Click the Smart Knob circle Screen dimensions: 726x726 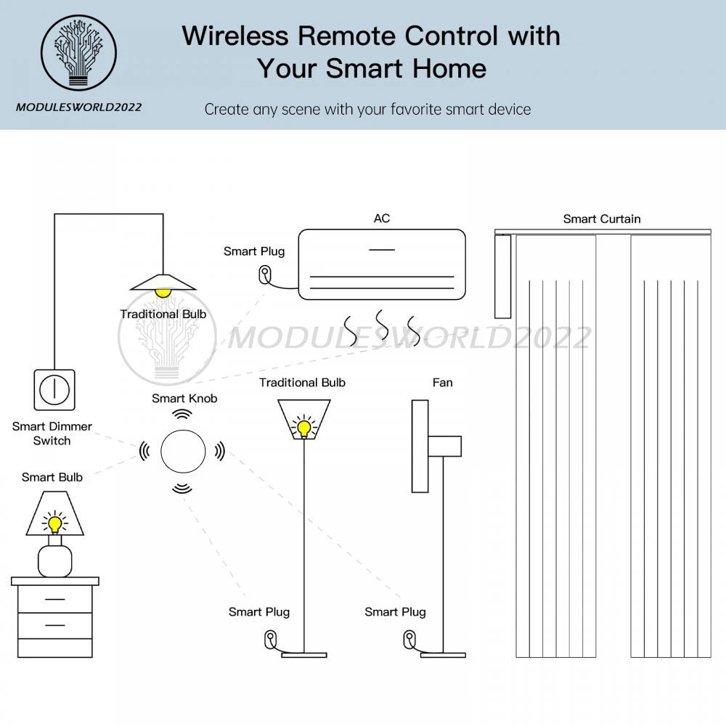pyautogui.click(x=182, y=451)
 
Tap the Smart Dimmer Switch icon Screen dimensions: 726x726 pyautogui.click(x=54, y=390)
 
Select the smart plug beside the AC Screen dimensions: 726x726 pyautogui.click(x=266, y=274)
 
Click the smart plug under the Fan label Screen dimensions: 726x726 pyautogui.click(x=409, y=640)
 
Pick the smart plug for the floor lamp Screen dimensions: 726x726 pyautogui.click(x=270, y=640)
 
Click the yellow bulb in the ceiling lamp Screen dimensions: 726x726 pyautogui.click(x=163, y=291)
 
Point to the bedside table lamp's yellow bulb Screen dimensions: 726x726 pyautogui.click(x=54, y=523)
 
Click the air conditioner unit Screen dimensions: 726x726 pyautogui.click(x=381, y=264)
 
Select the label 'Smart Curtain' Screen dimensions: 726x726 pyautogui.click(x=602, y=219)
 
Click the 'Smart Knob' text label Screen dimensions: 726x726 pyautogui.click(x=184, y=398)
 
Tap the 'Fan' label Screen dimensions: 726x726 pyautogui.click(x=442, y=382)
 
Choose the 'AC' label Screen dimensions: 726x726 pyautogui.click(x=382, y=218)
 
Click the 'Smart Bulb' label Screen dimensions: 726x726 pyautogui.click(x=52, y=477)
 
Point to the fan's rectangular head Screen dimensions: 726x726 pyautogui.click(x=420, y=446)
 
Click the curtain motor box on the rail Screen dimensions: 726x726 pyautogui.click(x=502, y=276)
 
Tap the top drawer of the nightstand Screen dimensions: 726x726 pyautogui.click(x=55, y=599)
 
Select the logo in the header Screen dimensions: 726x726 pyautogui.click(x=78, y=53)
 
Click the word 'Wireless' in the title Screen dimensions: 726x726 pyautogui.click(x=237, y=36)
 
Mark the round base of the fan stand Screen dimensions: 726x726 pyautogui.click(x=444, y=655)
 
